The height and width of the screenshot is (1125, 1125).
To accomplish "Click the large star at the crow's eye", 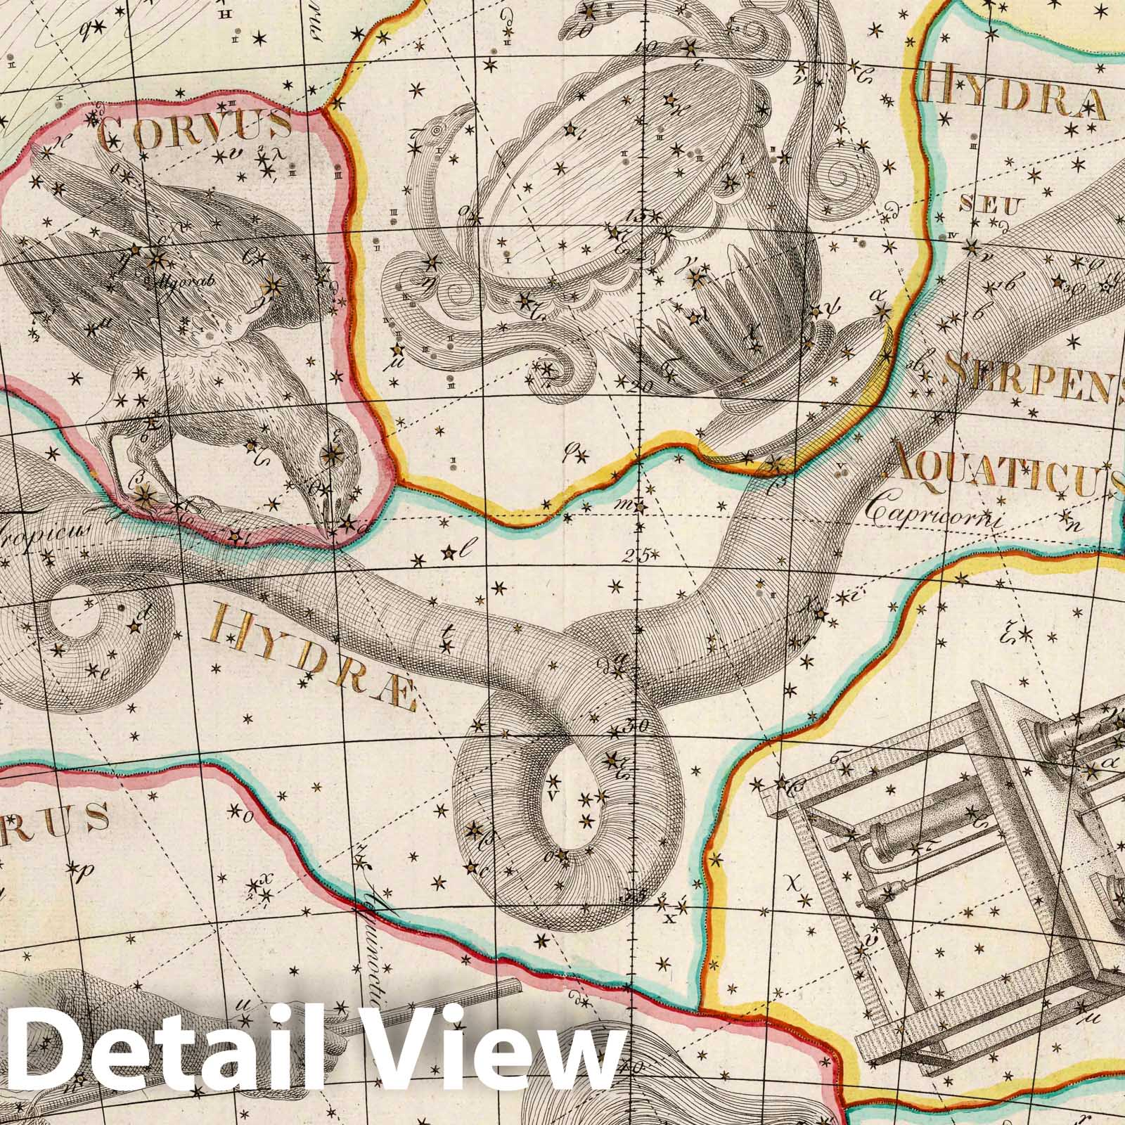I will point(328,455).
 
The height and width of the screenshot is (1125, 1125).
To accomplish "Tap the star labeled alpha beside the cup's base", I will point(883,310).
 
